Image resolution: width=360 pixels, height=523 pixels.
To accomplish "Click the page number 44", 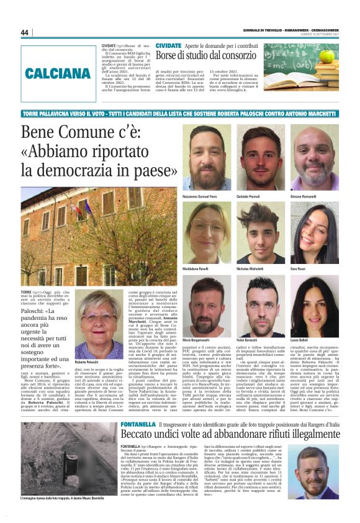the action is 25,32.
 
